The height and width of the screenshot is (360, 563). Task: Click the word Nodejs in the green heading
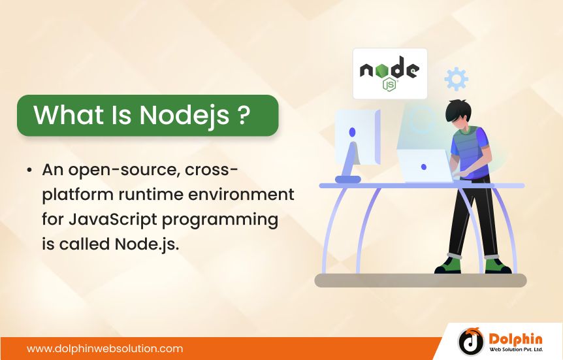pos(184,116)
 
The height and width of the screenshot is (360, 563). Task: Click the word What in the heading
pos(68,115)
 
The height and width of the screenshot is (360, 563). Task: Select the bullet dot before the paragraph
pos(29,170)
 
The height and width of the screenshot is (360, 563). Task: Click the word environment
pos(241,194)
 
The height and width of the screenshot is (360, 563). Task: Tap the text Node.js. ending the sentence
pos(147,244)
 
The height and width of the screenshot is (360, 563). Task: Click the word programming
pos(219,220)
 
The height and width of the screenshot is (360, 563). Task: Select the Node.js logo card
pos(390,74)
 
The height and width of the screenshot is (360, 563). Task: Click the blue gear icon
pos(456,78)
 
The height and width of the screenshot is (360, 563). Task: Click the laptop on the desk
pos(424,167)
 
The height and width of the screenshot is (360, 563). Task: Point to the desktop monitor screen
pos(358,138)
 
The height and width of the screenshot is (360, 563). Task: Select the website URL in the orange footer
pos(105,348)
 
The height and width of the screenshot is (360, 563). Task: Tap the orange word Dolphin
pos(515,339)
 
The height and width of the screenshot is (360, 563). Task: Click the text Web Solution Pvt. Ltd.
pos(517,350)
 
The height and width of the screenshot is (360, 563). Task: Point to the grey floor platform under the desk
pos(421,280)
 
